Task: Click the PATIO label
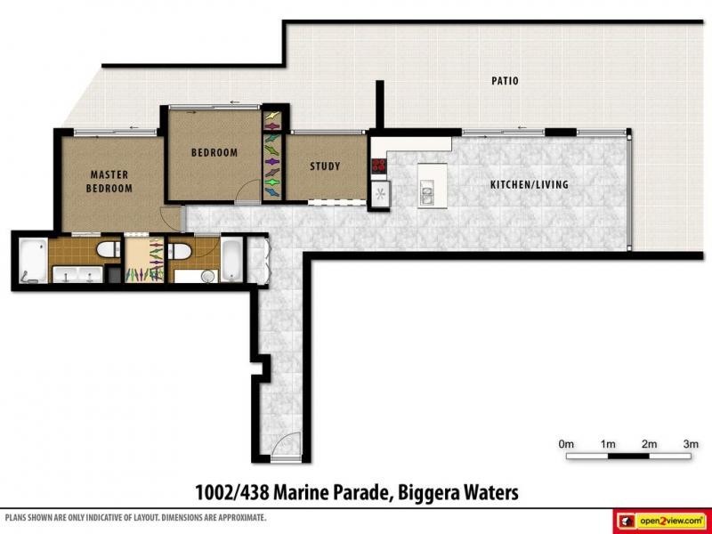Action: pos(505,81)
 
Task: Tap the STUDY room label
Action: pos(325,166)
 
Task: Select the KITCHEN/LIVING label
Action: pos(530,184)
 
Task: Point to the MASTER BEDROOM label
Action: pos(109,182)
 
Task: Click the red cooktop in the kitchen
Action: pos(378,166)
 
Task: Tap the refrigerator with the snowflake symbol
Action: pos(380,194)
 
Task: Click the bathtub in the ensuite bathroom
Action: pos(33,261)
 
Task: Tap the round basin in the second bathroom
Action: pos(208,276)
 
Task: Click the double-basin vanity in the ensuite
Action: pos(77,275)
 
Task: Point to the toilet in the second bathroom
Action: pos(180,251)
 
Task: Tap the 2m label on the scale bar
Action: pos(649,444)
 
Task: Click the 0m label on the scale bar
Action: pos(566,444)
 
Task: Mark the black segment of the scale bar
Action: pos(628,456)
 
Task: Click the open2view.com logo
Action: pos(664,521)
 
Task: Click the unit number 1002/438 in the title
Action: pos(232,493)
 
